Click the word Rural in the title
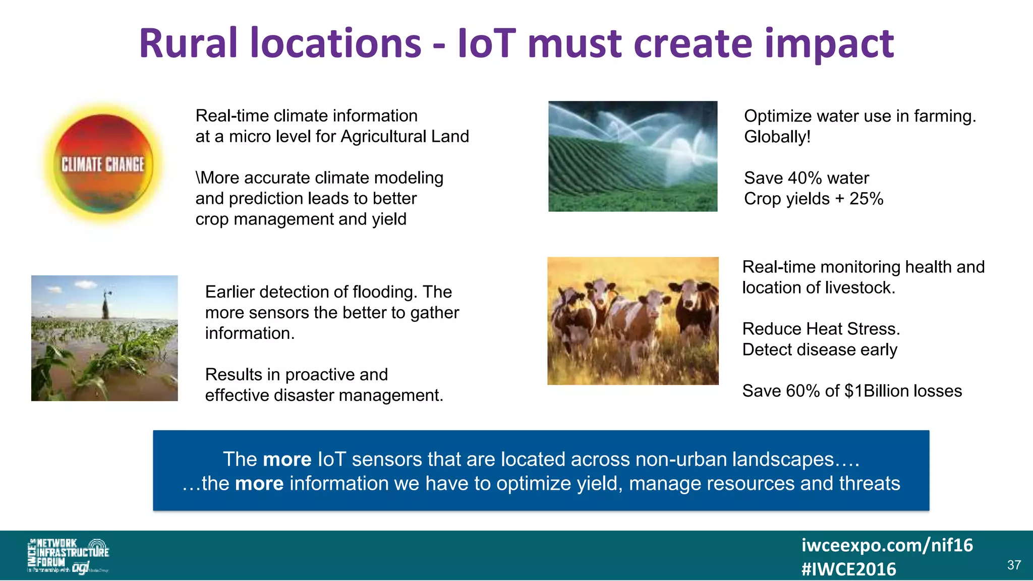point(188,44)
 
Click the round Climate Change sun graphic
point(103,164)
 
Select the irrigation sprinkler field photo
point(633,156)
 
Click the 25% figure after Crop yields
point(866,199)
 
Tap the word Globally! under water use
point(777,137)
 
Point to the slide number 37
point(1014,565)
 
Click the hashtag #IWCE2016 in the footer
point(848,569)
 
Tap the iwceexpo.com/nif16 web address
point(887,545)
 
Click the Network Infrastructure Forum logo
point(68,555)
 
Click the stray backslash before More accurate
point(198,178)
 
